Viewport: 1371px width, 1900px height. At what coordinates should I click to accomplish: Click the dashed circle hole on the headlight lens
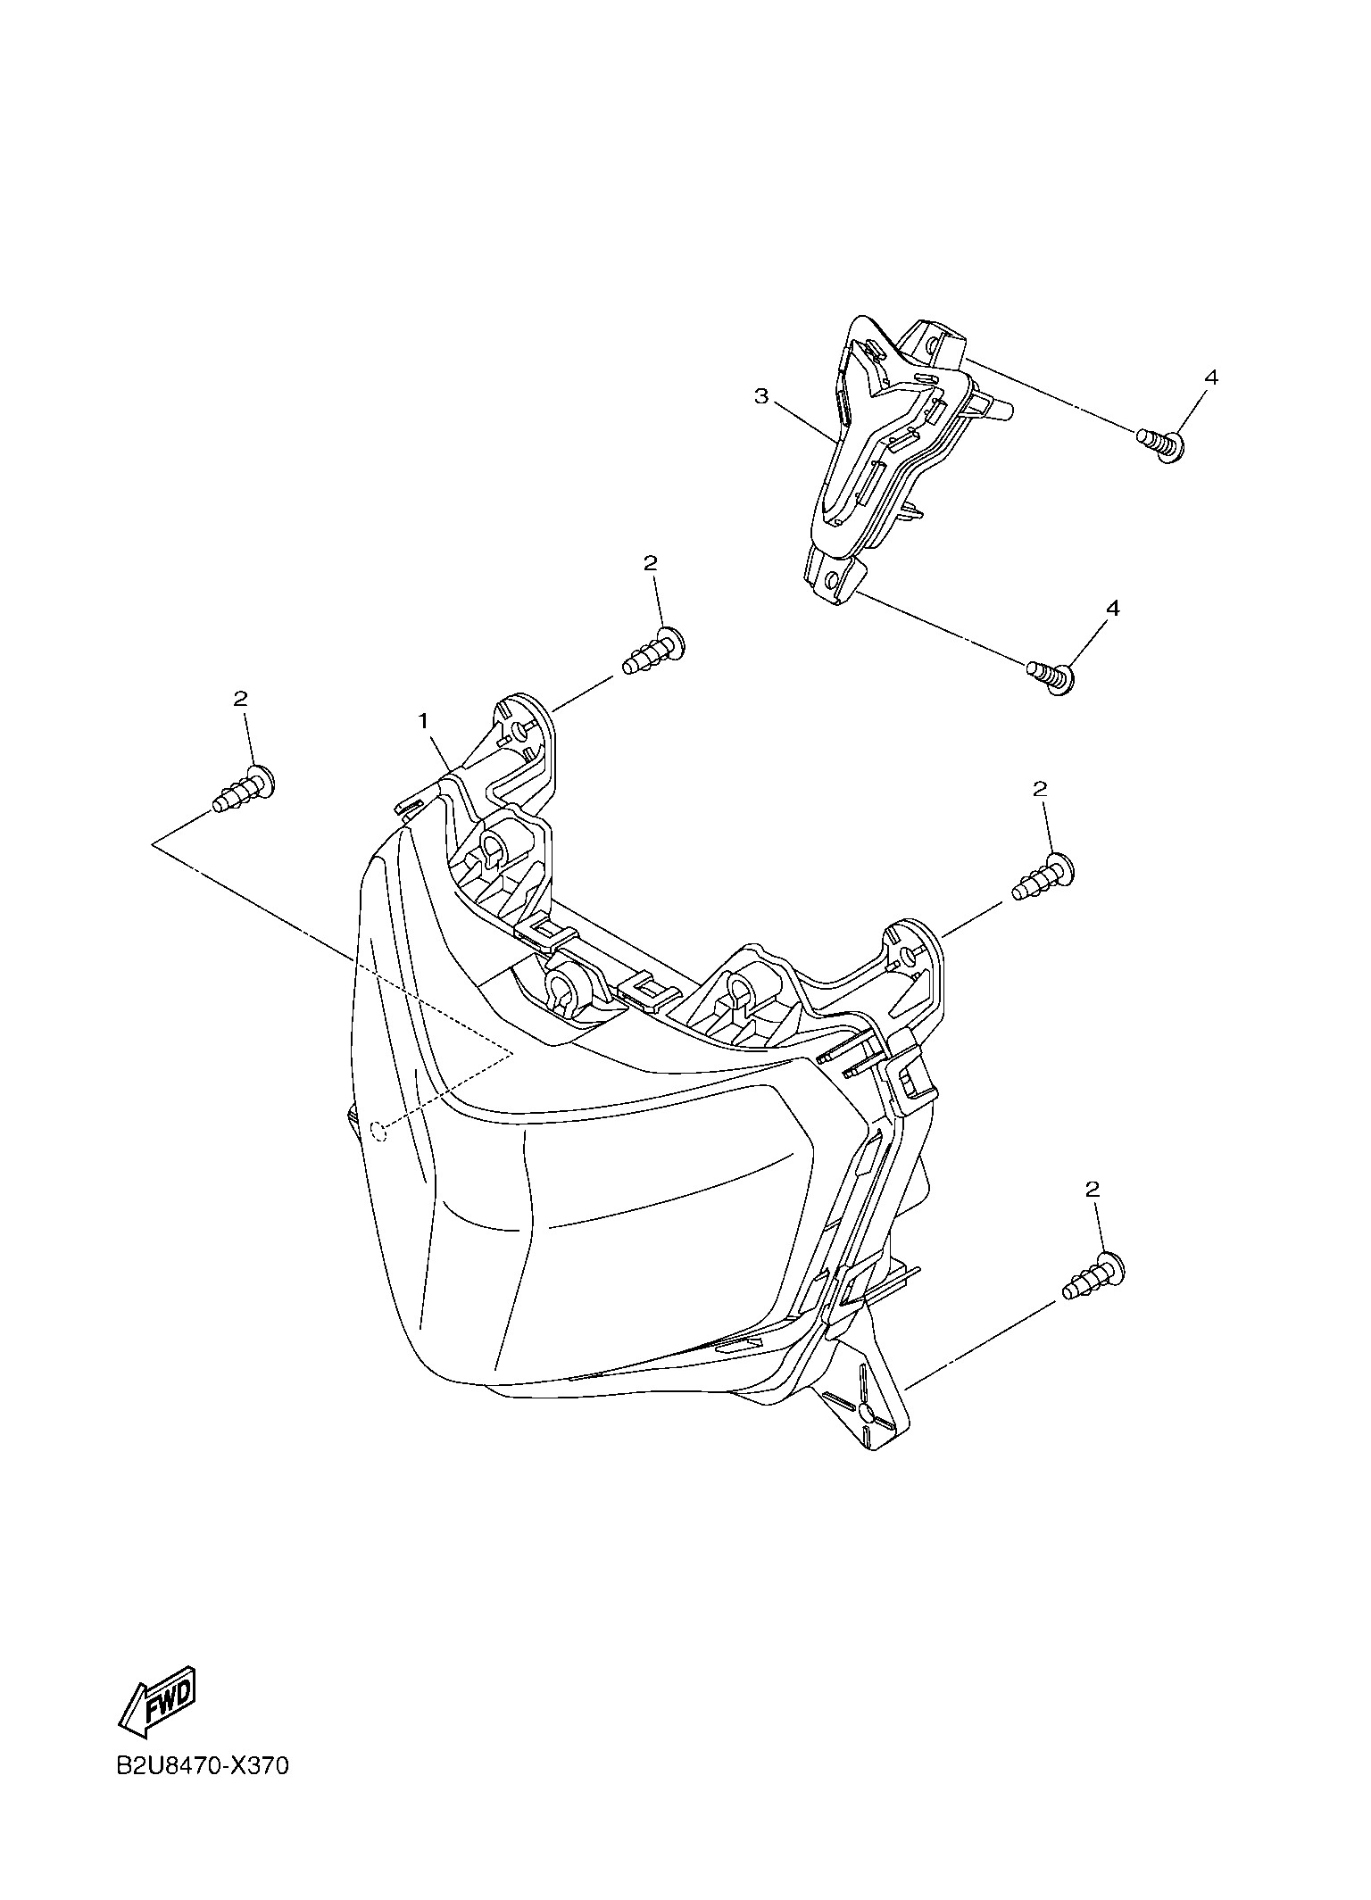(x=378, y=1132)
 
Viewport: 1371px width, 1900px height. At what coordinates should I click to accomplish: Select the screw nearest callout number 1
(x=652, y=651)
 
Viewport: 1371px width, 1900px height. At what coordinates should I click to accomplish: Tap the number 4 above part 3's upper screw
(x=1210, y=378)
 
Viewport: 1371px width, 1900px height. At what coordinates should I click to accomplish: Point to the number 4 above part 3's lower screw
(x=1112, y=608)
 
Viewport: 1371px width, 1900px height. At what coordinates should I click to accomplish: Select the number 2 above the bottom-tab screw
(x=1093, y=1189)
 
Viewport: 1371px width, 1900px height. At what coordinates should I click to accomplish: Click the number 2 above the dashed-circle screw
(x=240, y=699)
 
